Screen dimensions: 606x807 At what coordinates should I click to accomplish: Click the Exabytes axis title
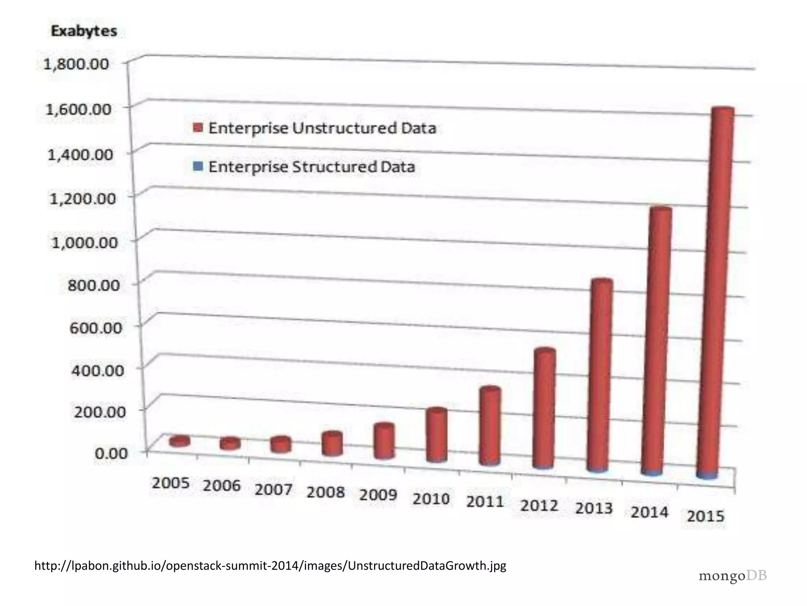point(84,31)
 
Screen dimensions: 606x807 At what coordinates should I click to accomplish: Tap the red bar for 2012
point(544,408)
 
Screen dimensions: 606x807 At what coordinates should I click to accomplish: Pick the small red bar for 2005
point(180,441)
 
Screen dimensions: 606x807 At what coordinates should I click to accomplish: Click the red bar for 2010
point(437,434)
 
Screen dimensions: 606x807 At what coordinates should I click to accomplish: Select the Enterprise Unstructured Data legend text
point(322,128)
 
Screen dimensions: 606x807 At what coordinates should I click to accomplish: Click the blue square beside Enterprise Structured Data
point(199,166)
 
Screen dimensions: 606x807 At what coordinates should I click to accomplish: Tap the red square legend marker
point(198,128)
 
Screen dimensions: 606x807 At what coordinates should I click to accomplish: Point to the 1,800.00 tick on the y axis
point(76,64)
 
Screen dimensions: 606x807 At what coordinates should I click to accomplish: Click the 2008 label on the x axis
point(325,492)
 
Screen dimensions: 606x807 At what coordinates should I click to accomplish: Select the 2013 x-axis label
point(594,508)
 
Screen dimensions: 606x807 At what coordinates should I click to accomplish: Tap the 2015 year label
point(706,516)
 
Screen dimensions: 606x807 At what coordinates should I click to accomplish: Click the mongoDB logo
point(733,576)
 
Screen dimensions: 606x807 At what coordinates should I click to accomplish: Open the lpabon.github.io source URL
point(270,566)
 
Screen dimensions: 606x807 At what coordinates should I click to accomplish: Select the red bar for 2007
point(281,444)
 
